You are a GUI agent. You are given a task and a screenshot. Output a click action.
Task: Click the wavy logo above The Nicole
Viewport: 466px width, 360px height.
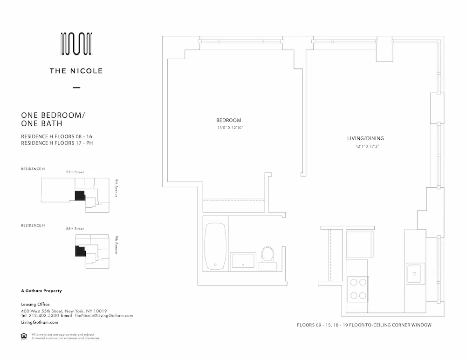77,44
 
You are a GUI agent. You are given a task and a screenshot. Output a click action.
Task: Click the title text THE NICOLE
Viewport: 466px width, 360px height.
76,71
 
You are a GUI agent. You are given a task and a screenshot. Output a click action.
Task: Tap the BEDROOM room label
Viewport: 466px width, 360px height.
228,120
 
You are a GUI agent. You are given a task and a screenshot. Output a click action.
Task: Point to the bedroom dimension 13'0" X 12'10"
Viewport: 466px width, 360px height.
230,128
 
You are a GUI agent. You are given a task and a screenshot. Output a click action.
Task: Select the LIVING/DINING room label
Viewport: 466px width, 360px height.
365,138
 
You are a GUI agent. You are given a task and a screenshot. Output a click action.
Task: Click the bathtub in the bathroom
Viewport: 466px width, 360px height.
216,246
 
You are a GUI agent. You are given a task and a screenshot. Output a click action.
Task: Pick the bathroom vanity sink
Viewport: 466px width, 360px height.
243,261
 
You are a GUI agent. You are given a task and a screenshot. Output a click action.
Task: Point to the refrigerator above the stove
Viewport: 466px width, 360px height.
359,244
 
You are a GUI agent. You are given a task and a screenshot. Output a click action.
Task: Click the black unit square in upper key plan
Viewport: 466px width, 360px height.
80,195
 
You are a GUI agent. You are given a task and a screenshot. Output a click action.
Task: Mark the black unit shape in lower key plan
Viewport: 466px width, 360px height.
80,251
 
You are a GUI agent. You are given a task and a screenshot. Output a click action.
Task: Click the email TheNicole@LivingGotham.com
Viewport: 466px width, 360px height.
103,316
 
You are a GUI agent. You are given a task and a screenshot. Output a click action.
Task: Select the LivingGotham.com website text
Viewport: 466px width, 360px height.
40,322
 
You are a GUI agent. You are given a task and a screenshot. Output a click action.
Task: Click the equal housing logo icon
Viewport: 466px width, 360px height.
24,336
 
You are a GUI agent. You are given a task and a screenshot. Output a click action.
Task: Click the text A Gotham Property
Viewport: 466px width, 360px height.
41,291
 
